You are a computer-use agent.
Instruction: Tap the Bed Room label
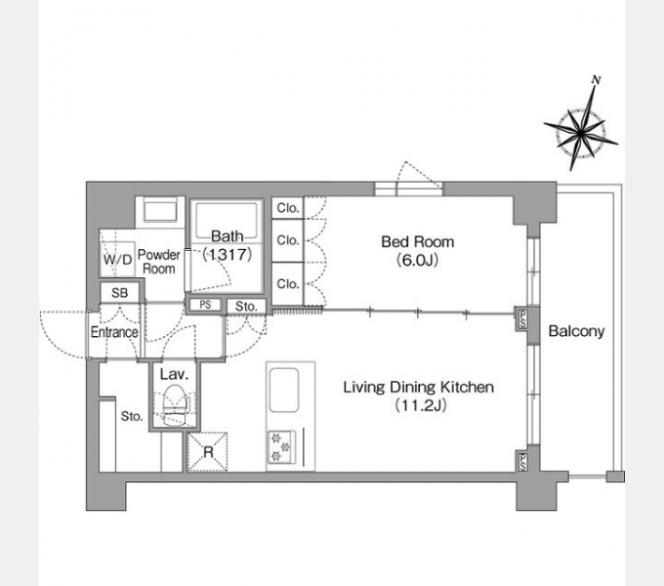pos(418,242)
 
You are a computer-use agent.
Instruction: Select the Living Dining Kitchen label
pos(418,387)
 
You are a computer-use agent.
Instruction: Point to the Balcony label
pos(576,331)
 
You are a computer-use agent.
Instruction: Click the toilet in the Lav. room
pos(175,404)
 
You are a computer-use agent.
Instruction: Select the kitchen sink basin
pos(284,390)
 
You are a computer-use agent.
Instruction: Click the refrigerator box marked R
pos(207,452)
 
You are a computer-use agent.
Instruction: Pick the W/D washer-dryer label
pos(118,259)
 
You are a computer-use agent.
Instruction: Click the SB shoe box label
pos(120,293)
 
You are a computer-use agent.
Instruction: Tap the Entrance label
pos(114,332)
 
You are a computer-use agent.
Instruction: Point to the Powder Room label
pos(159,262)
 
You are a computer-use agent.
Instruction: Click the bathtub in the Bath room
pos(227,221)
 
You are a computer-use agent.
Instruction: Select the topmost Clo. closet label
pos(288,208)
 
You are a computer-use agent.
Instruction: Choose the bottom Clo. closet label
pos(288,283)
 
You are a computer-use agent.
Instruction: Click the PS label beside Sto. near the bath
pos(205,305)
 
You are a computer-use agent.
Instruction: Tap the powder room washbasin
pos(160,211)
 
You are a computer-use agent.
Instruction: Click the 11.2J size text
pos(421,405)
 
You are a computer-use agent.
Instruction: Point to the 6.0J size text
pos(418,260)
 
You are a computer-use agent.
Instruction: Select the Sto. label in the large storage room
pos(132,416)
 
